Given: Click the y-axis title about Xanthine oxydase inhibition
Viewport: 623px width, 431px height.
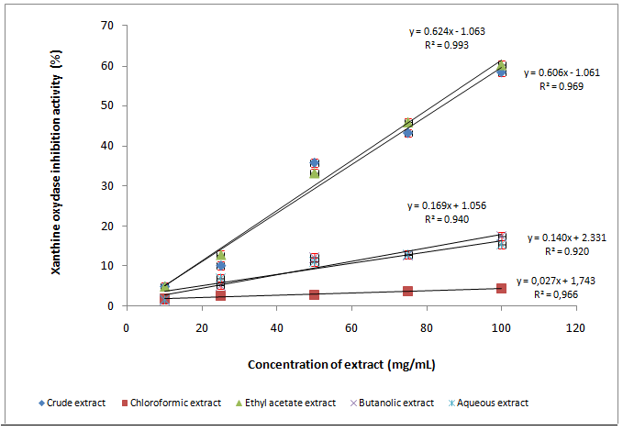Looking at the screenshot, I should tap(58, 164).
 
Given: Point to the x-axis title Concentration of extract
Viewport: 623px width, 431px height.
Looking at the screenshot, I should tap(341, 364).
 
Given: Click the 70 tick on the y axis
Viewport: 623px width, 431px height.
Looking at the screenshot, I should tap(107, 26).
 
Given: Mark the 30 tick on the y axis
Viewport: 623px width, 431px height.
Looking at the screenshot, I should tap(107, 185).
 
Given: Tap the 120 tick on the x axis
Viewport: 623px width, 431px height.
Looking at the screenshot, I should tap(575, 326).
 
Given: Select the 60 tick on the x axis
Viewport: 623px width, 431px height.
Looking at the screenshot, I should tap(350, 326).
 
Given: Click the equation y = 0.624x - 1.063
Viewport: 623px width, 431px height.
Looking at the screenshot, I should tap(447, 31).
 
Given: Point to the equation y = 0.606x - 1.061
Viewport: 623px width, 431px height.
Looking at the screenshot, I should tap(562, 72).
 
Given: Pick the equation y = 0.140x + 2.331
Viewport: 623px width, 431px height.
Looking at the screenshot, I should tap(566, 238).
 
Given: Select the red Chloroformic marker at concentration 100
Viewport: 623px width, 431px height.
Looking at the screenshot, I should tap(501, 288).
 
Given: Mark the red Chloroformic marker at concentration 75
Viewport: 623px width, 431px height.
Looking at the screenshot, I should tap(407, 291).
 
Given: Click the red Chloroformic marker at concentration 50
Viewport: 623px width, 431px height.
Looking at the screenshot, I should tap(314, 294).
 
